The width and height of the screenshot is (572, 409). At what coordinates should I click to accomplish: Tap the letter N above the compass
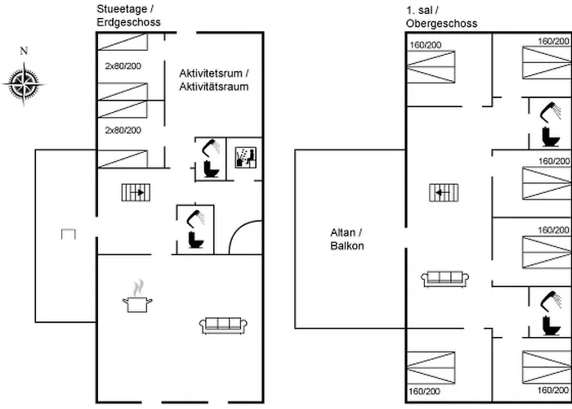(x=24, y=52)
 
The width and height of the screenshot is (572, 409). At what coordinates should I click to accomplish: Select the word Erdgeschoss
(x=128, y=23)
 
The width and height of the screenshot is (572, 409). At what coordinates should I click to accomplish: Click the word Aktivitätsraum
(x=213, y=86)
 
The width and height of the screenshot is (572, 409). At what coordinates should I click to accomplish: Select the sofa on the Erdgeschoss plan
(x=222, y=326)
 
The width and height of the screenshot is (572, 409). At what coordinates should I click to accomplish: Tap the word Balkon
(x=346, y=245)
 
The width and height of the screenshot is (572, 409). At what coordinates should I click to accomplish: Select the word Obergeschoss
(x=441, y=23)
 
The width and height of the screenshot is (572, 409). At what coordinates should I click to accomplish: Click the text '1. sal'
(x=418, y=9)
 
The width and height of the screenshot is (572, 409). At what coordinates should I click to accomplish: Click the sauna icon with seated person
(x=245, y=157)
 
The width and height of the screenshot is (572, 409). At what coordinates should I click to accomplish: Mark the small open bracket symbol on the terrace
(x=69, y=236)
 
